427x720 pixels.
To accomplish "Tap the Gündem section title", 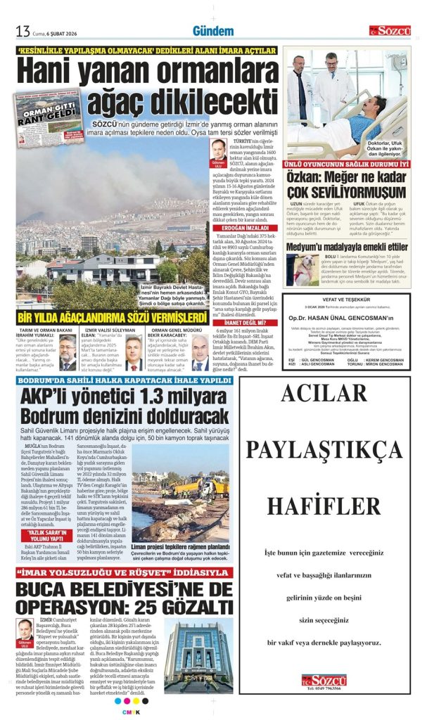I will tap(212, 31).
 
